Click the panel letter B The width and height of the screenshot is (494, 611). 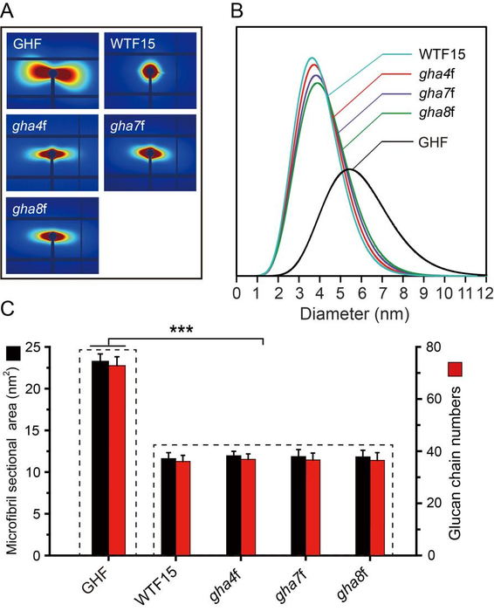(245, 10)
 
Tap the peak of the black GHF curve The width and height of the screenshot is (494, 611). (348, 169)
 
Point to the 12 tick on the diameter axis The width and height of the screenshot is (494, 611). (482, 294)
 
